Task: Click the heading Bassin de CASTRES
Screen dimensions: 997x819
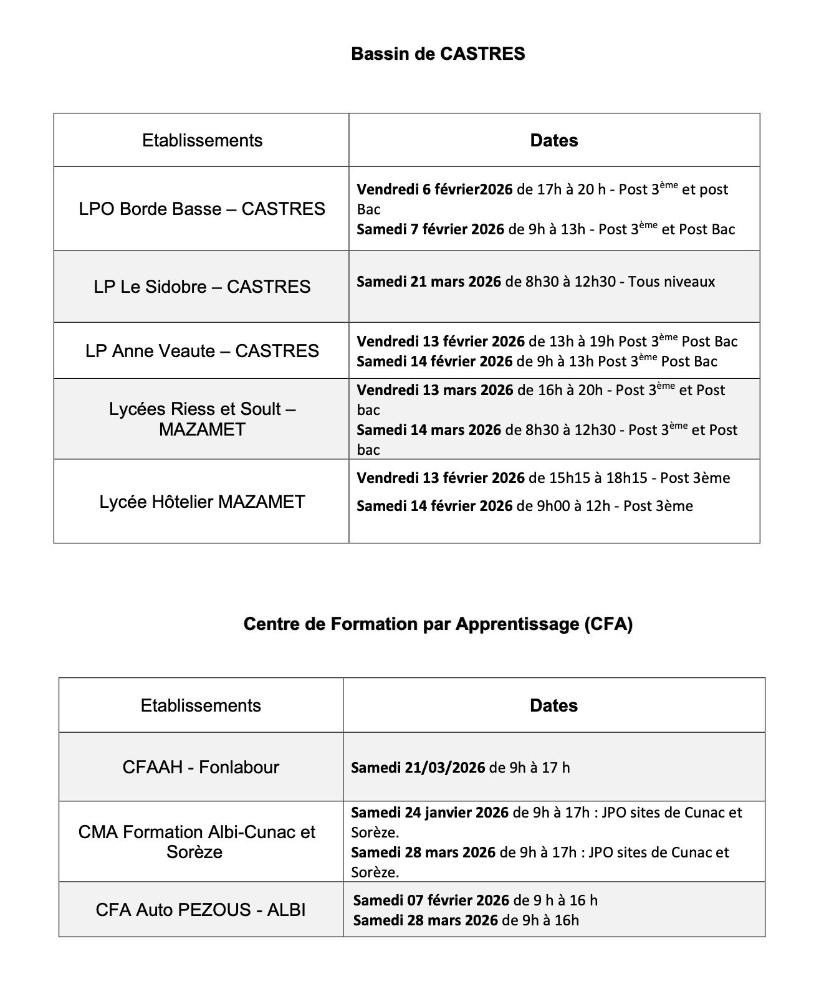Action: pos(438,54)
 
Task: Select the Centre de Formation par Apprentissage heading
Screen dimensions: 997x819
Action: pos(438,624)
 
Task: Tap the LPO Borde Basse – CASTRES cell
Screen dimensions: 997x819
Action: pos(202,209)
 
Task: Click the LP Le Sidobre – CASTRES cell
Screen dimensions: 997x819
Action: pos(202,287)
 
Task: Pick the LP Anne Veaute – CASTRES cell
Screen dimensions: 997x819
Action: pos(202,351)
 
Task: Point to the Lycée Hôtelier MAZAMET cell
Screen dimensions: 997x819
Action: pos(202,502)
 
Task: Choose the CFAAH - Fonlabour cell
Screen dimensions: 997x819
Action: pos(201,767)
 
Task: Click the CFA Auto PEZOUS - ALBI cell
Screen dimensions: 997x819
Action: pos(201,910)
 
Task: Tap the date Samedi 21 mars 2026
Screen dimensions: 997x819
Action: pos(429,282)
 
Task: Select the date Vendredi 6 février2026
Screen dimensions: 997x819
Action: pos(434,189)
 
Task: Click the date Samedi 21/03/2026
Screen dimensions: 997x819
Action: pos(418,768)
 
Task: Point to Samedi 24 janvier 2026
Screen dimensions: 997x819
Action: pos(429,813)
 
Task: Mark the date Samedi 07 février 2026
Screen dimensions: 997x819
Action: pos(431,900)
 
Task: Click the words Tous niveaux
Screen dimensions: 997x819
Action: pos(671,282)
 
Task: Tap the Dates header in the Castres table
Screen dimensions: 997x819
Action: pos(553,141)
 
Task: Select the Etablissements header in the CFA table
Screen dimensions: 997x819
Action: pos(201,705)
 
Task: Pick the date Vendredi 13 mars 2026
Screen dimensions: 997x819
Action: pos(435,390)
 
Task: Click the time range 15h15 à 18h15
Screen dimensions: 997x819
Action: pos(596,478)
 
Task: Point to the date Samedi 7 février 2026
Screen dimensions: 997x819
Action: pos(430,229)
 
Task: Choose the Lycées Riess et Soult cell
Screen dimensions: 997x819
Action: pos(202,419)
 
